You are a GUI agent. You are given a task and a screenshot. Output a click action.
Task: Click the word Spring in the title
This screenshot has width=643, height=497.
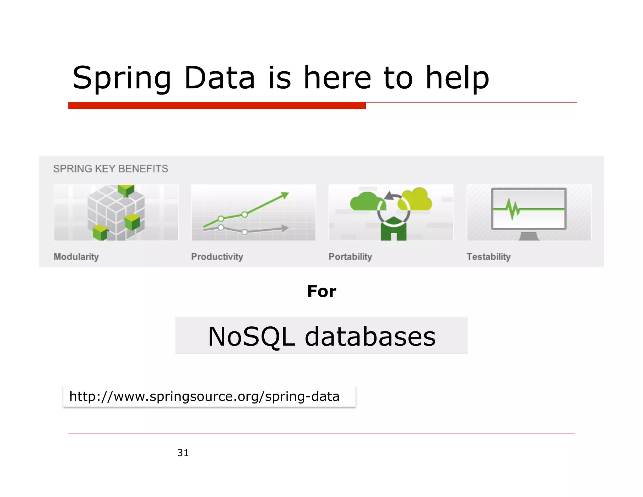click(122, 78)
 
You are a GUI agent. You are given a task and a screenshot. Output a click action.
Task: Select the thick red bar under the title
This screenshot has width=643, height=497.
click(217, 106)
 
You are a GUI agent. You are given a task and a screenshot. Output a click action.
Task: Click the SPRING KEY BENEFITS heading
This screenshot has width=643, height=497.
click(111, 169)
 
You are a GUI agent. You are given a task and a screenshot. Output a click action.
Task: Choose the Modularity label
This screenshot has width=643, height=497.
click(76, 257)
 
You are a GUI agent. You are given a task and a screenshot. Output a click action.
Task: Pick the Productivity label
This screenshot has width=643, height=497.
click(217, 257)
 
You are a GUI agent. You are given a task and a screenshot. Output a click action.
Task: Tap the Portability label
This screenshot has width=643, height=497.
click(350, 257)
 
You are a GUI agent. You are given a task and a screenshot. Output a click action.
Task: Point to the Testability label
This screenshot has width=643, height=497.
click(489, 257)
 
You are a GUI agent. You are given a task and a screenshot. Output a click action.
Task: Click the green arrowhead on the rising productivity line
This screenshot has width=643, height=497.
click(284, 195)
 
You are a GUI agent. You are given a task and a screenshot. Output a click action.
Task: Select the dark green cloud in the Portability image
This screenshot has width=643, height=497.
click(366, 202)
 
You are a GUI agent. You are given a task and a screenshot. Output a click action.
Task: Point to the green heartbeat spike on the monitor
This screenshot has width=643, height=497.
click(512, 209)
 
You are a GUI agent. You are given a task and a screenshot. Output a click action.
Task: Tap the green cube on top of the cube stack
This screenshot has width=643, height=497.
click(126, 189)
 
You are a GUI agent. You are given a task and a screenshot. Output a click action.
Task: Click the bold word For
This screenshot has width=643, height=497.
click(321, 291)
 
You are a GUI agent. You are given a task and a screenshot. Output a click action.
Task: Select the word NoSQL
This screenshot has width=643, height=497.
click(251, 336)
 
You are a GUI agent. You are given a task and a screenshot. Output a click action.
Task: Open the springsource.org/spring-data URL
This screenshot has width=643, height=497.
click(204, 396)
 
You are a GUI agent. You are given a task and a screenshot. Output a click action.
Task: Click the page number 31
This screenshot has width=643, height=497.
click(183, 453)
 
